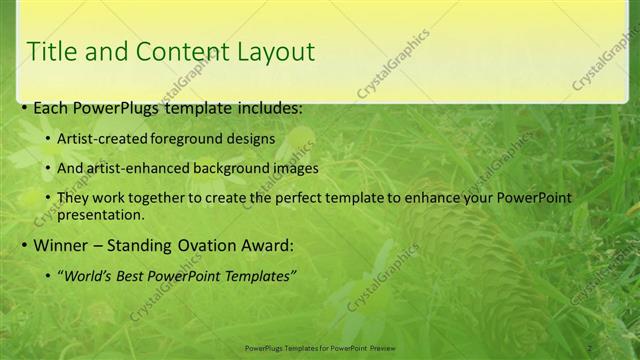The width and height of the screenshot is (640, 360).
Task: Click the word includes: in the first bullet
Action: point(267,108)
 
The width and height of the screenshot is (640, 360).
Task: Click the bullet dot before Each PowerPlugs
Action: point(24,108)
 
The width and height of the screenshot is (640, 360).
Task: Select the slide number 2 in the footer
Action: point(589,347)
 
